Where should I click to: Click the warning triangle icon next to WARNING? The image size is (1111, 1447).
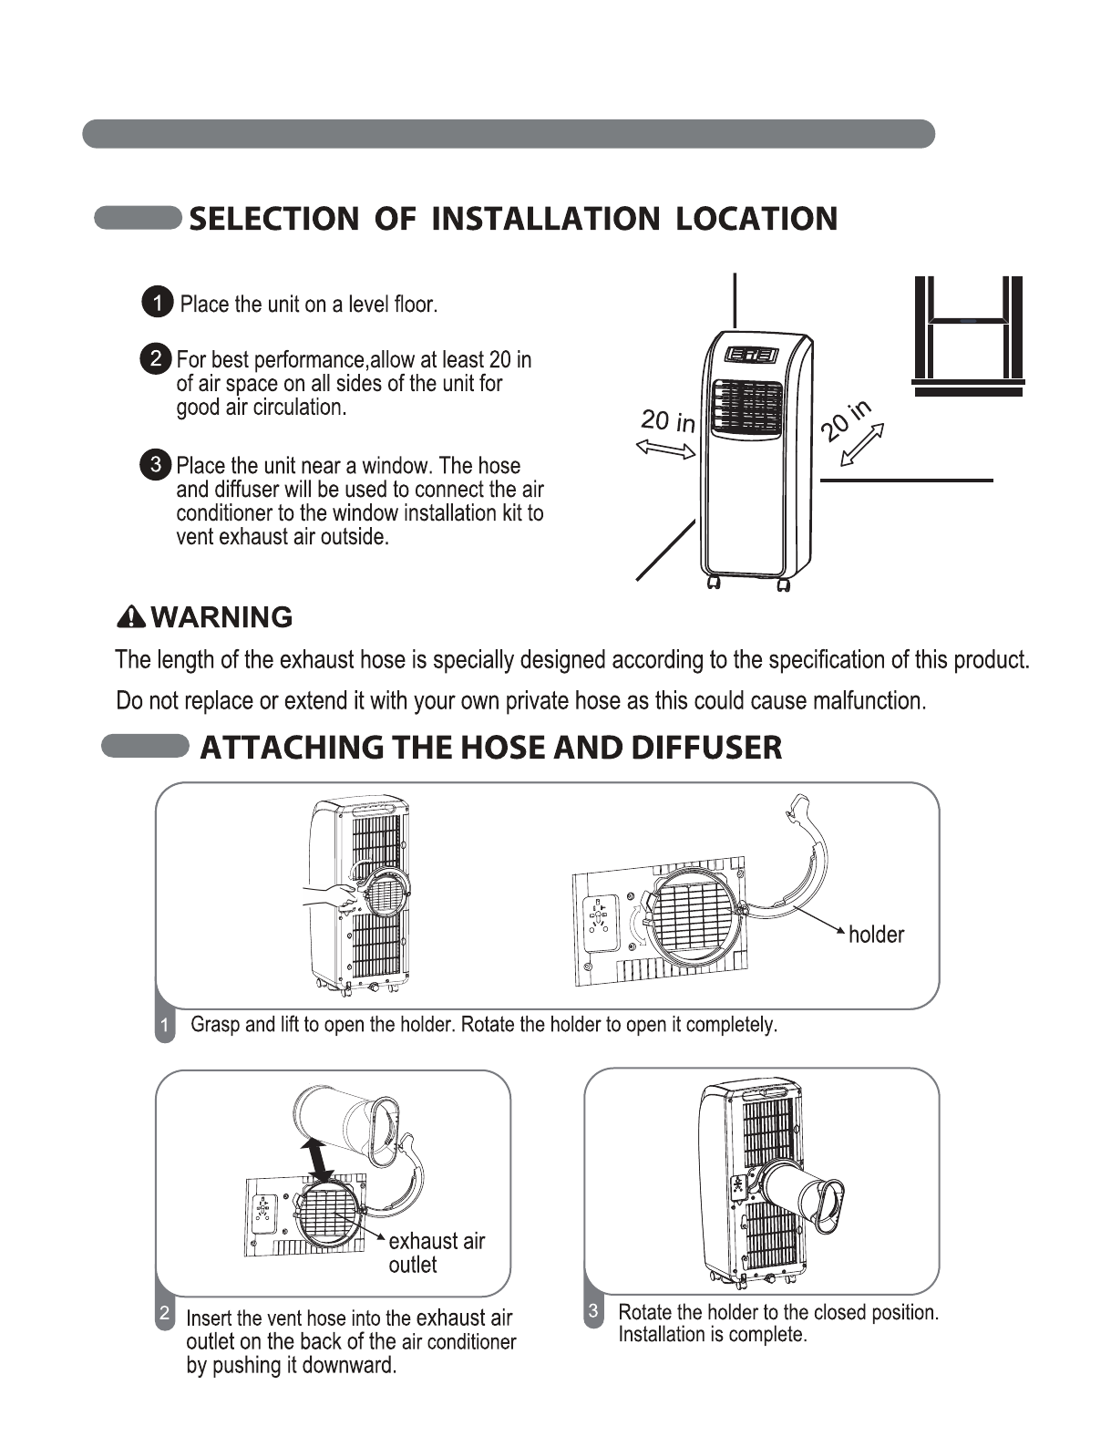(x=132, y=617)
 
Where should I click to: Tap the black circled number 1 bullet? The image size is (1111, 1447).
(x=158, y=303)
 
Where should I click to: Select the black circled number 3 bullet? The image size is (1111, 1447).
(x=157, y=464)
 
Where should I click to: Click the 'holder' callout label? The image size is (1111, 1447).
(x=876, y=935)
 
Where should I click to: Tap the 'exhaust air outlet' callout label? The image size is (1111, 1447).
(x=436, y=1253)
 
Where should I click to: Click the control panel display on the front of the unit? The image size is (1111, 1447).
(x=751, y=357)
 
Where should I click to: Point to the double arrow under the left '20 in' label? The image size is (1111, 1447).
(x=664, y=448)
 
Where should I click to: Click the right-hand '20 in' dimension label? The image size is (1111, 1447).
(x=846, y=419)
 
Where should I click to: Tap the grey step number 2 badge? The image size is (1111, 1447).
(x=165, y=1314)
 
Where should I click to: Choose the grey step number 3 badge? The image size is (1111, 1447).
(x=593, y=1312)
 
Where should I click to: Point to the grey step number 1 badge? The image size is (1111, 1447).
(x=165, y=1026)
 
